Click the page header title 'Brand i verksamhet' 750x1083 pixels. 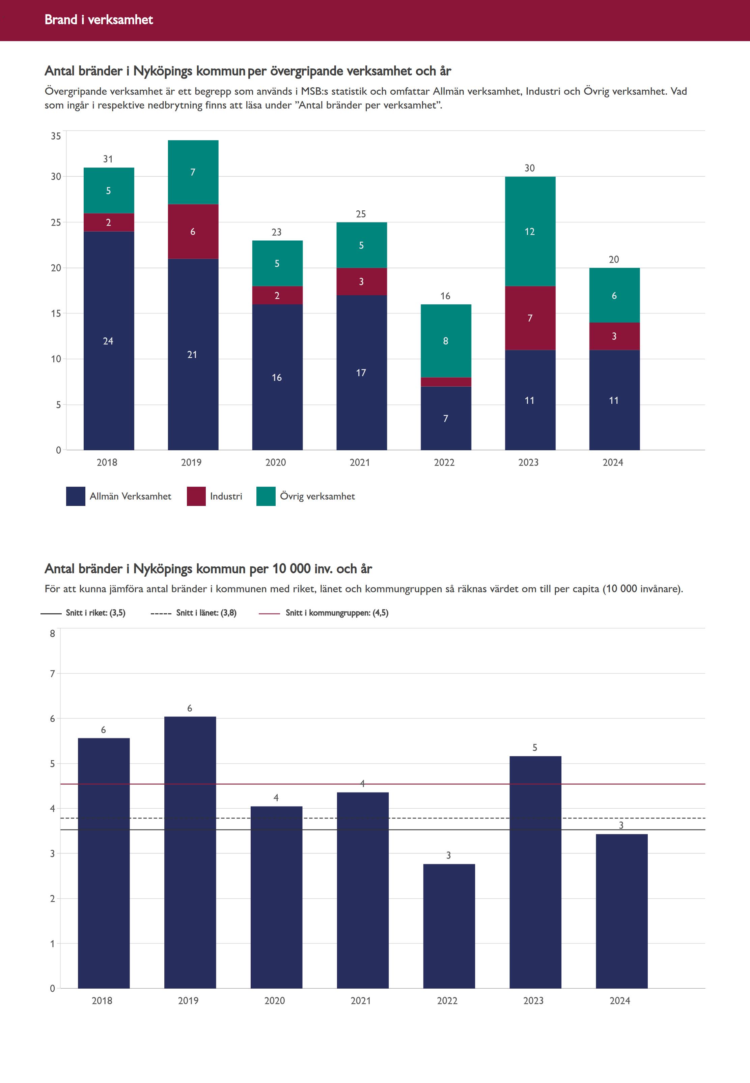[x=99, y=20]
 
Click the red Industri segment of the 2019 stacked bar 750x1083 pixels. [x=193, y=232]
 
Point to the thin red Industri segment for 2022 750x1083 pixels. [x=445, y=382]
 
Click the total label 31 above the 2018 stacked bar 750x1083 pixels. [x=108, y=159]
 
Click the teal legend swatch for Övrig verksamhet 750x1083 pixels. [x=266, y=496]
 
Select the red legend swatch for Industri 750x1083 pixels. [x=196, y=496]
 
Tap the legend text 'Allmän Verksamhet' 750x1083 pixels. [x=130, y=496]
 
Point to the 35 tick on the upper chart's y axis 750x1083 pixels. [x=56, y=136]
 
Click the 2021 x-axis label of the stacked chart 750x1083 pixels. [x=360, y=462]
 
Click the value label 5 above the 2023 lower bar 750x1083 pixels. [x=535, y=747]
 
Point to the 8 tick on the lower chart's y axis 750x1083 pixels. [x=53, y=633]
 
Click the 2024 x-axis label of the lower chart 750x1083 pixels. [x=620, y=1000]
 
